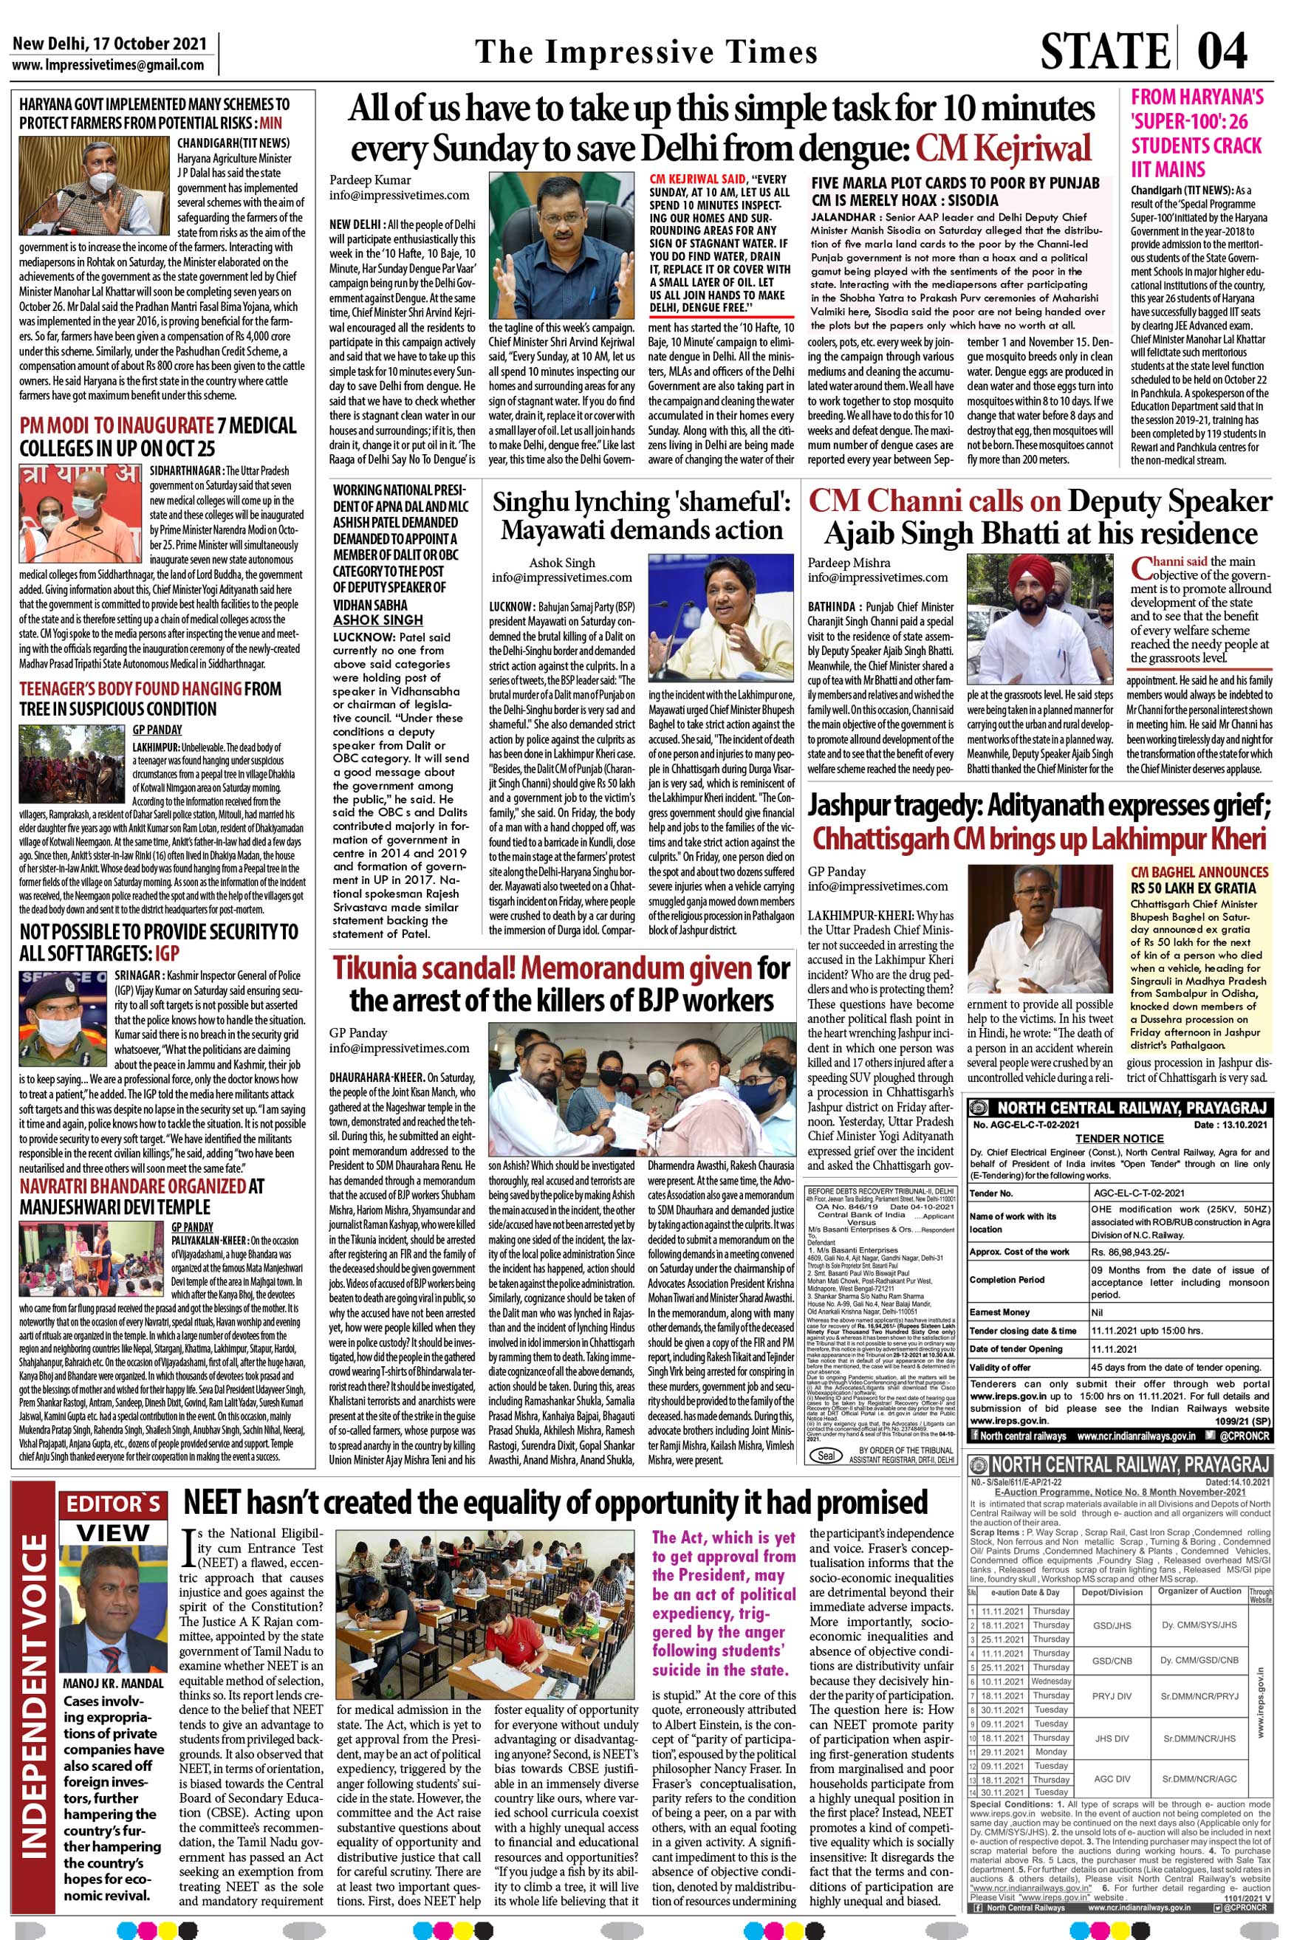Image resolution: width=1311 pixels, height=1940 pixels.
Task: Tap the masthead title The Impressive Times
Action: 646,52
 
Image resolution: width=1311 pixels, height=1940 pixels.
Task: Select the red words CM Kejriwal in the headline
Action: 1003,148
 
